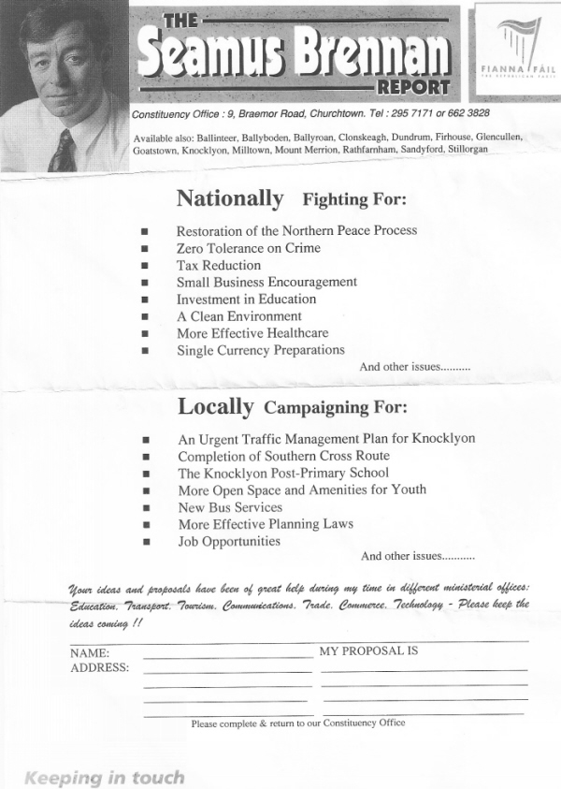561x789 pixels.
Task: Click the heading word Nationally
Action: coord(229,198)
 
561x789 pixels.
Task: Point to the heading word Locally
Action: coord(215,407)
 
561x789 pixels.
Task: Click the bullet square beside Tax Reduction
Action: coord(144,267)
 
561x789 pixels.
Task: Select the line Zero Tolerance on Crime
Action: coord(248,248)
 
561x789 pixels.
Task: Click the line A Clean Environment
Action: coord(239,316)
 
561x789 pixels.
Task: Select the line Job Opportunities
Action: coord(229,541)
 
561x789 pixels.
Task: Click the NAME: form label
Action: coord(90,652)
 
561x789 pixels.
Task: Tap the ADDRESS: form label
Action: coord(99,668)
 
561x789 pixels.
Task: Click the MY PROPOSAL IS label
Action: coord(368,650)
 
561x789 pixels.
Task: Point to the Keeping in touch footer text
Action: coord(104,777)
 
